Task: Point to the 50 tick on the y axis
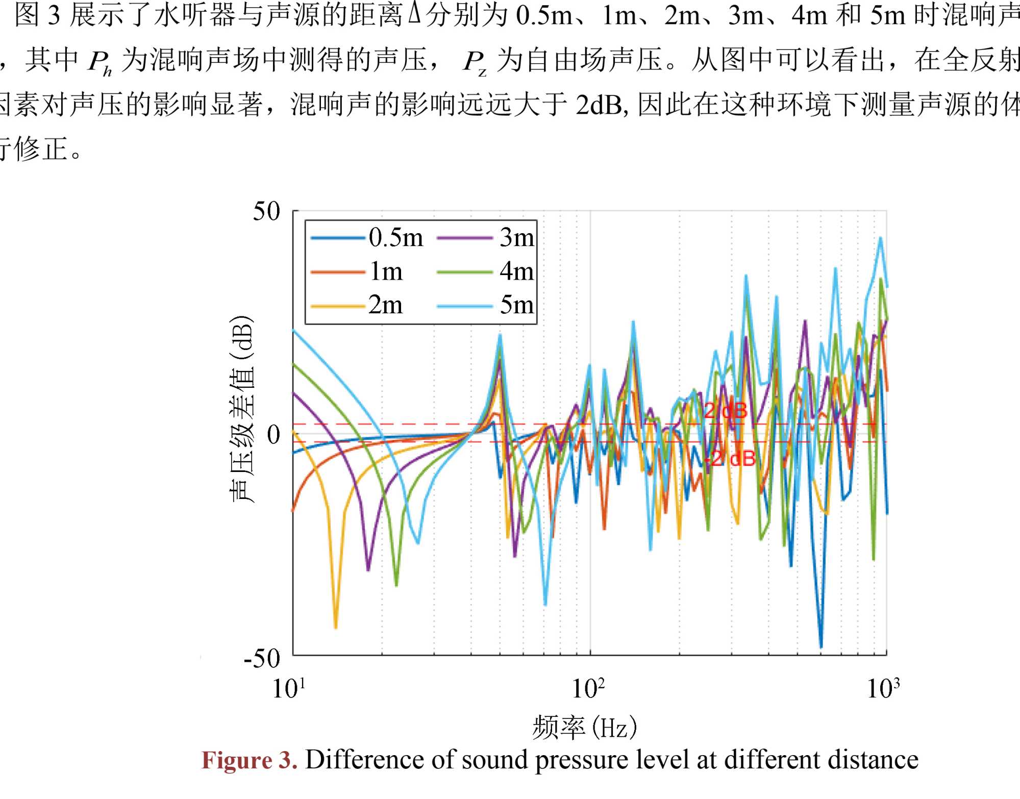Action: [266, 211]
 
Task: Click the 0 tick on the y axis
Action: [273, 435]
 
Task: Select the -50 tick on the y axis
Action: [262, 658]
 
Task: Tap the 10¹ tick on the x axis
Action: [289, 689]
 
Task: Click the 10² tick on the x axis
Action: [588, 689]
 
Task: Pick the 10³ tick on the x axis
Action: [883, 689]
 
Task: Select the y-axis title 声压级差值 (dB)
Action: [241, 408]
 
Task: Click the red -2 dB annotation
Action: [730, 459]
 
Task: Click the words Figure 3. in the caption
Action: [249, 760]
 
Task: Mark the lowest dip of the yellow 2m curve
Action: [336, 627]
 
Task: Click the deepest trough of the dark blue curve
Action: [821, 647]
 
